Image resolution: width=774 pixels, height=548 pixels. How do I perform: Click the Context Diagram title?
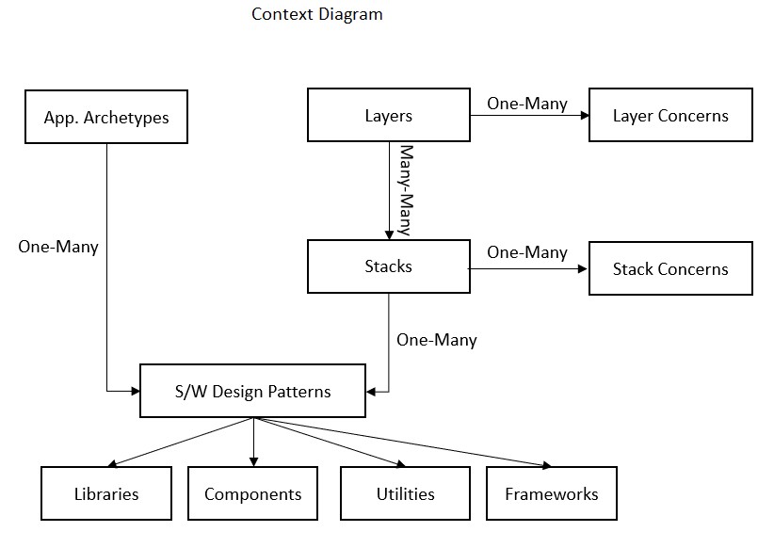coord(316,14)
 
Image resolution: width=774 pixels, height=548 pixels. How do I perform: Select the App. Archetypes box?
coord(106,117)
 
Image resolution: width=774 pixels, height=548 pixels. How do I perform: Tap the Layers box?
coord(388,115)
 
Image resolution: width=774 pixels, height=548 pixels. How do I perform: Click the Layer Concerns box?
coord(669,115)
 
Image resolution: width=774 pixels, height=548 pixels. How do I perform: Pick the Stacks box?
coord(388,266)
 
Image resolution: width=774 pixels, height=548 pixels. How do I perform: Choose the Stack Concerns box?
coord(669,268)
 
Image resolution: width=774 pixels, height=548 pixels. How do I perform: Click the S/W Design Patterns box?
coord(252,391)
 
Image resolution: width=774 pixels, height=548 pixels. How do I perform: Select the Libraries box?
coord(106,493)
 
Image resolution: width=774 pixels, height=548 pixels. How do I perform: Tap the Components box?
coord(252,493)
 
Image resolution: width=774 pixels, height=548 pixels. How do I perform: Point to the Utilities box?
coord(405,493)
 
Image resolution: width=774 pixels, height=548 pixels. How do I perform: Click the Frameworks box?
coord(551,493)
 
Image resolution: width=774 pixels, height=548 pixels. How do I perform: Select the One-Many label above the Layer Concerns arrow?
coord(527,103)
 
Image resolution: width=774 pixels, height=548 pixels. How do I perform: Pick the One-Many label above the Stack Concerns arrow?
coord(527,252)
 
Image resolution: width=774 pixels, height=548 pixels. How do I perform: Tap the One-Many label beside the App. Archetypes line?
coord(58,247)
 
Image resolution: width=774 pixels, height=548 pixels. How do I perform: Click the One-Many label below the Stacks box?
coord(436,340)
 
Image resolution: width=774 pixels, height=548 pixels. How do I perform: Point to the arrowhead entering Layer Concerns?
coord(584,115)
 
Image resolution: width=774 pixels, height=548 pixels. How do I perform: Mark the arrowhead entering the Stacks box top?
coord(388,234)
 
